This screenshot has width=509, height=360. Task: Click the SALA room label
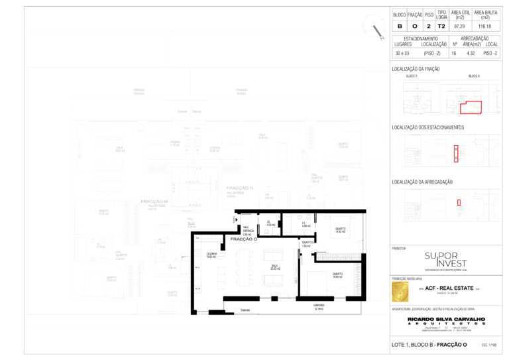click(x=274, y=267)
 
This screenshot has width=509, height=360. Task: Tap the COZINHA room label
click(x=211, y=255)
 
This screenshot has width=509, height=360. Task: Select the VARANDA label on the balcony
click(x=318, y=308)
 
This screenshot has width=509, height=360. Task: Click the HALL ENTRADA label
click(x=247, y=231)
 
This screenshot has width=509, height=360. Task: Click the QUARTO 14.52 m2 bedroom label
click(x=340, y=230)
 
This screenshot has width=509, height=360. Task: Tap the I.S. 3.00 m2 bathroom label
click(x=270, y=224)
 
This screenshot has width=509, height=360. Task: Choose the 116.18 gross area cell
click(x=485, y=27)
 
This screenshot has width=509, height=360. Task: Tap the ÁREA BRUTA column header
click(x=485, y=15)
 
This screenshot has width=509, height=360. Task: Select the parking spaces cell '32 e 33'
click(x=402, y=52)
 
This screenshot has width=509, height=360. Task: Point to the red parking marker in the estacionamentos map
click(x=456, y=153)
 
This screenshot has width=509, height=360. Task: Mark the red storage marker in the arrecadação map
click(x=459, y=202)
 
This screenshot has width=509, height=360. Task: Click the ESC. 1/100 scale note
click(x=490, y=345)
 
